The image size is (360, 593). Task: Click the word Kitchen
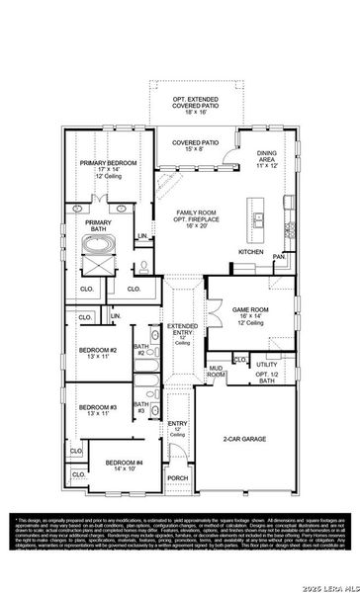[251, 252]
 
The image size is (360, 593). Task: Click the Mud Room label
[215, 373]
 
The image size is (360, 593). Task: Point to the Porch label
[178, 478]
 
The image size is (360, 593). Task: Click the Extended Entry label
[181, 332]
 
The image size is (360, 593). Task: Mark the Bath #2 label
[141, 350]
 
